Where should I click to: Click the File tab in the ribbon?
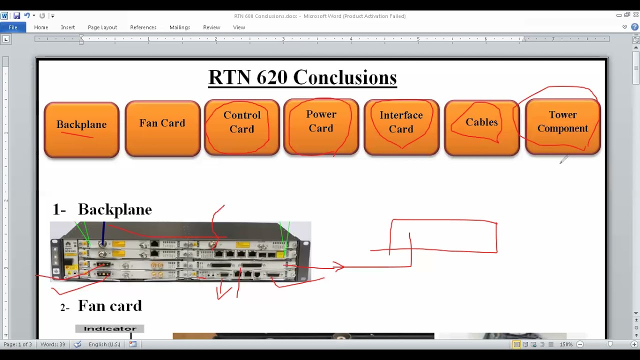coord(12,27)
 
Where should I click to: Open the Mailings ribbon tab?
coord(179,27)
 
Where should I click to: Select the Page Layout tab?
coord(102,27)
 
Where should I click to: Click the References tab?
coord(143,27)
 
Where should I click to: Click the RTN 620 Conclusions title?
coord(302,77)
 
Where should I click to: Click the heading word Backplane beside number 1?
coord(114,209)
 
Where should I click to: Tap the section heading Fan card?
coord(109,306)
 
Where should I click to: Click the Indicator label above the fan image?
coord(110,328)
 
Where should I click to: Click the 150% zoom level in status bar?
coord(566,344)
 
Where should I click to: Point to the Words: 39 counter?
coord(53,344)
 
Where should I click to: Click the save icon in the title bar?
coord(16,16)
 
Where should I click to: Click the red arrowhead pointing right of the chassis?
coord(339,267)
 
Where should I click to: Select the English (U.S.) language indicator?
coord(104,344)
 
